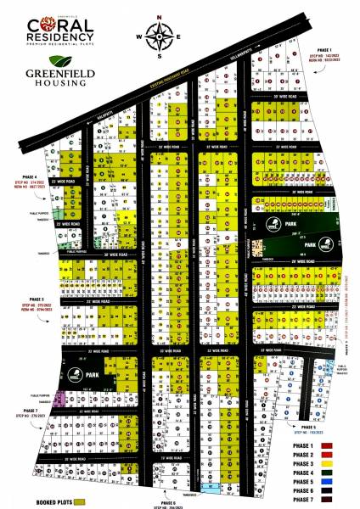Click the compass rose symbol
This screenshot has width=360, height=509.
[160, 36]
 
